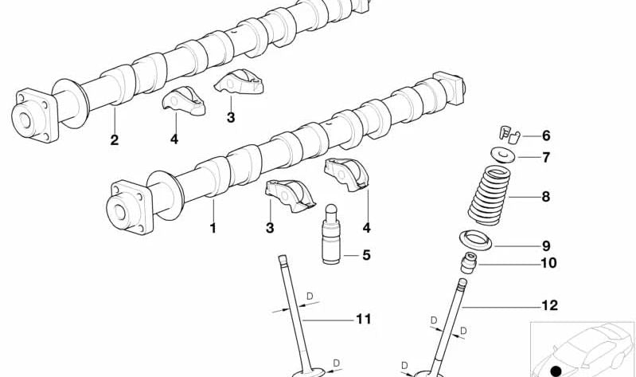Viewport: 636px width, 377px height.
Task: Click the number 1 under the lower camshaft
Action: click(213, 229)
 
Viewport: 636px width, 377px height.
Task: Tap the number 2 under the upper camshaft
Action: click(115, 140)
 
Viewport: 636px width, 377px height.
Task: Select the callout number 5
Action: click(366, 256)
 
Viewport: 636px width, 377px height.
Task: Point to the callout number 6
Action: click(546, 135)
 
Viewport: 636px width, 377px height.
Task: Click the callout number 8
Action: click(545, 197)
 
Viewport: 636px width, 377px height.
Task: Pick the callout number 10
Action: click(548, 263)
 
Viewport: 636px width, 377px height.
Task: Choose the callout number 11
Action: click(364, 320)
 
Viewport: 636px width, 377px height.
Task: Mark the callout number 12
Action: click(548, 305)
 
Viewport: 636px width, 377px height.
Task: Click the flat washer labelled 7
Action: click(501, 155)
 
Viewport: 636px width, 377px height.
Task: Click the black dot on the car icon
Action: click(556, 370)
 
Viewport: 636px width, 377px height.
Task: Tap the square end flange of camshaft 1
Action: click(127, 210)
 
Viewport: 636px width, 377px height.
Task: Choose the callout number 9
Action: click(546, 246)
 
